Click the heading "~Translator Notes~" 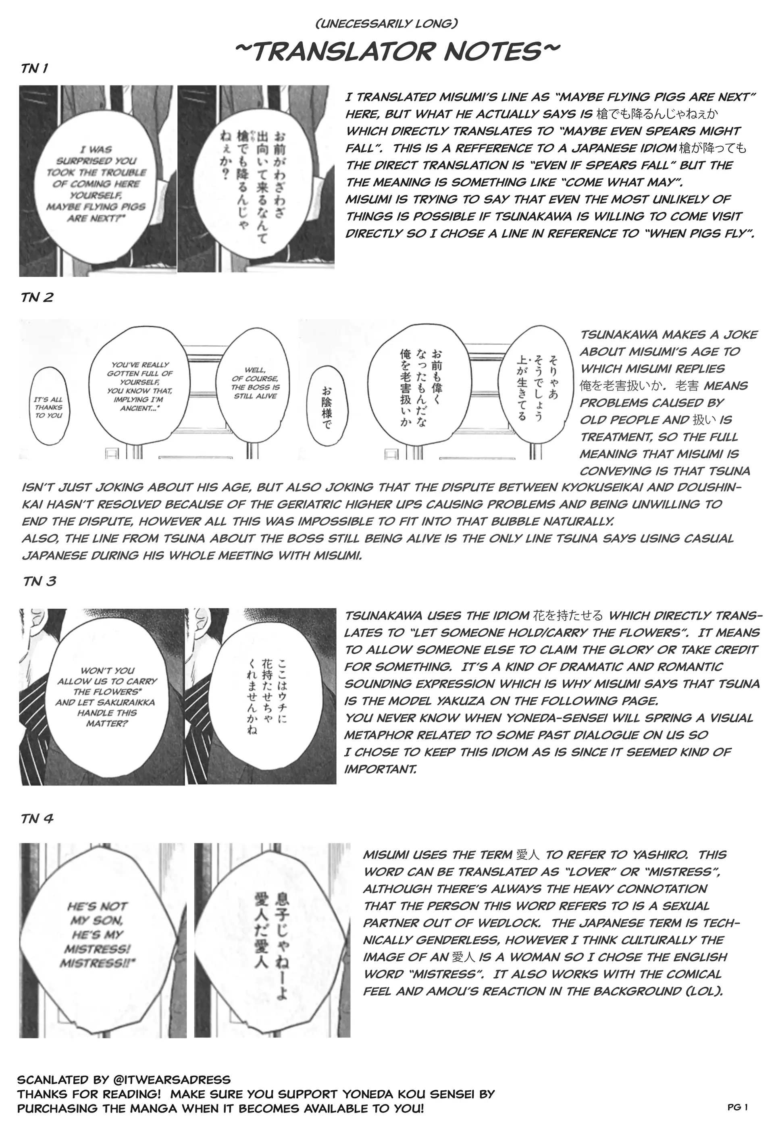point(397,51)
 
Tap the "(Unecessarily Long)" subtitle point(387,23)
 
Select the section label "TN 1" point(35,69)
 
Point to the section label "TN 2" point(37,297)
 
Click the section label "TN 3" point(40,581)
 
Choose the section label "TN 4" point(37,819)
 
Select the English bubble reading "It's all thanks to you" point(49,407)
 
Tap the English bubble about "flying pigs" point(96,184)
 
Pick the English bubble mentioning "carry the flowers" point(107,696)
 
